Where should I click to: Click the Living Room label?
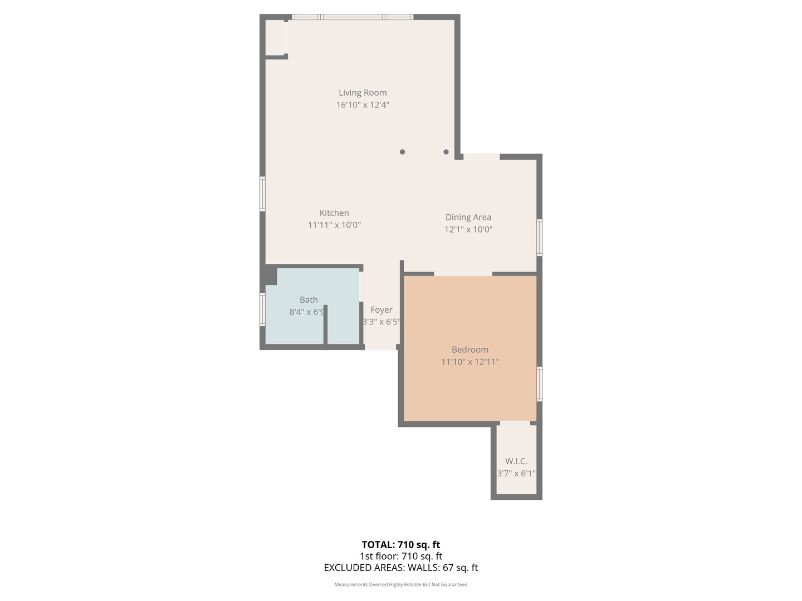tap(363, 92)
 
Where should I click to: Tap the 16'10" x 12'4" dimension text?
tap(363, 105)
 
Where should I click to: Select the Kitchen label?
tap(334, 213)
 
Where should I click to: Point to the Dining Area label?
tap(468, 217)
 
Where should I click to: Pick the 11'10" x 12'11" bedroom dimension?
tap(470, 362)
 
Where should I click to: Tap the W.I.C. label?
tap(516, 461)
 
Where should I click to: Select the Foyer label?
tap(382, 309)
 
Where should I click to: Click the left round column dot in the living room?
tap(402, 151)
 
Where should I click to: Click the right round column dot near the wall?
tap(446, 151)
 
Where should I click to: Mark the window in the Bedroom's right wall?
tap(539, 383)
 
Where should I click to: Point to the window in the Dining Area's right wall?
tap(539, 238)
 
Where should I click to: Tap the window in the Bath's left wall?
tap(262, 309)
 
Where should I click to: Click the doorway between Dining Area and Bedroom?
tap(463, 273)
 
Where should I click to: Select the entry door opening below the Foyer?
tap(380, 347)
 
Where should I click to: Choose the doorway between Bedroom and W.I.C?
tap(515, 424)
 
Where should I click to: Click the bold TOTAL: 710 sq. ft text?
tap(400, 544)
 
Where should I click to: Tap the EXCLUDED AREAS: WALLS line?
tap(400, 568)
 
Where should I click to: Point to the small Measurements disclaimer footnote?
tap(400, 584)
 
